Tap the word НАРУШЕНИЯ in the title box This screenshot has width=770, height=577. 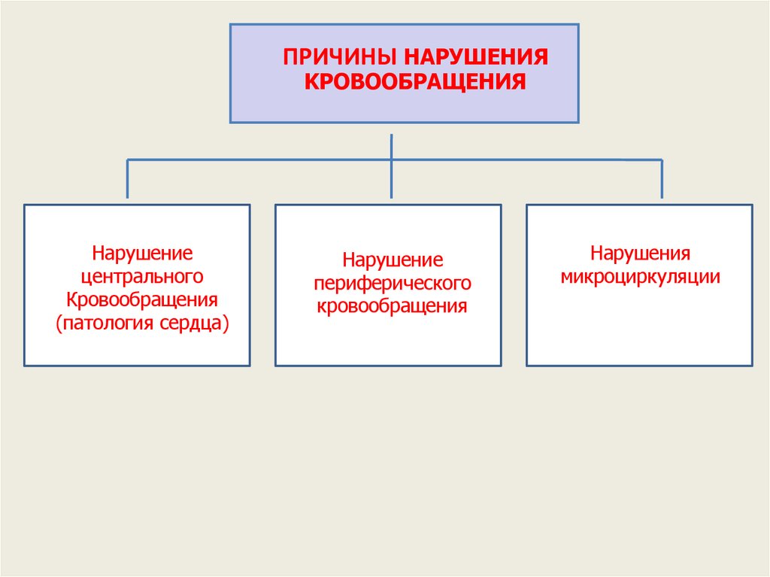click(475, 58)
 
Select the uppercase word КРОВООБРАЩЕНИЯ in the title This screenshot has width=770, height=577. click(414, 80)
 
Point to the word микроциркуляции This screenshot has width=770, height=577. click(640, 276)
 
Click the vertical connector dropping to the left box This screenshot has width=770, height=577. click(128, 179)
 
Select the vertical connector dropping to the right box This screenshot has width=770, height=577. click(661, 179)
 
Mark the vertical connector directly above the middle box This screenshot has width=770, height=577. click(392, 181)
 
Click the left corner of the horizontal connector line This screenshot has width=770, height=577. click(129, 159)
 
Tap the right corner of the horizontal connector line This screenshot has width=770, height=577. click(661, 159)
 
